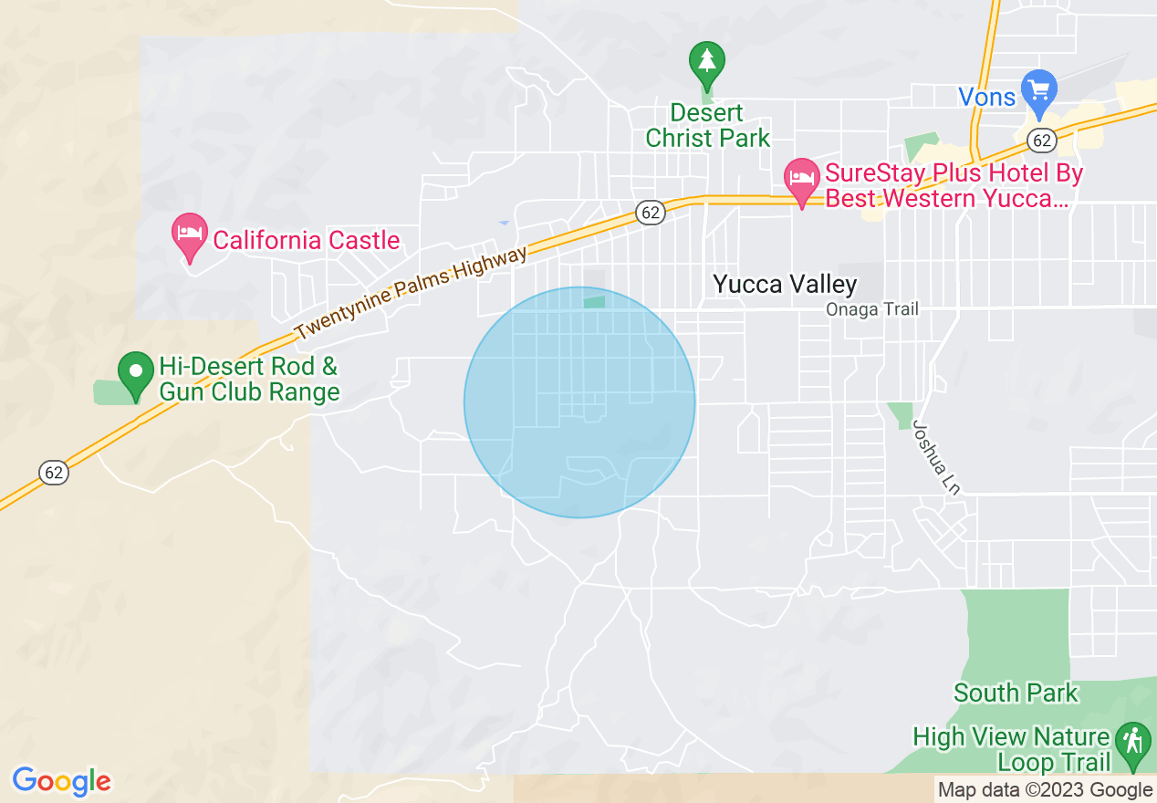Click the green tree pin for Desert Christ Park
coord(706,62)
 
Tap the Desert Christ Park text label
coord(708,126)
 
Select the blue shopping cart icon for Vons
coord(1038,90)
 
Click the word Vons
coord(987,97)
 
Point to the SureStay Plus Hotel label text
coord(954,185)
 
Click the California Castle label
coord(307,240)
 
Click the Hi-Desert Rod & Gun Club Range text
coord(249,380)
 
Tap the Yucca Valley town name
coord(785,285)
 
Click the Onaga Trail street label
coord(871,309)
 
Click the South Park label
coord(1016,693)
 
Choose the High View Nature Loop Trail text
coord(1013,749)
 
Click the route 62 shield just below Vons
coord(1041,140)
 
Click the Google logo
coord(61,782)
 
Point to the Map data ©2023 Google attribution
coord(1046,790)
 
